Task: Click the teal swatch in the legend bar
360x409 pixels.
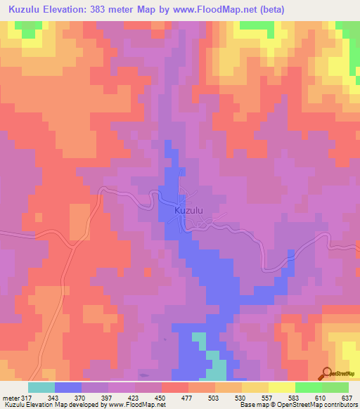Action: [41, 387]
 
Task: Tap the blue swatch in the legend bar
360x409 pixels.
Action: [67, 387]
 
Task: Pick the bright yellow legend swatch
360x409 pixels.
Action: [281, 387]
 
